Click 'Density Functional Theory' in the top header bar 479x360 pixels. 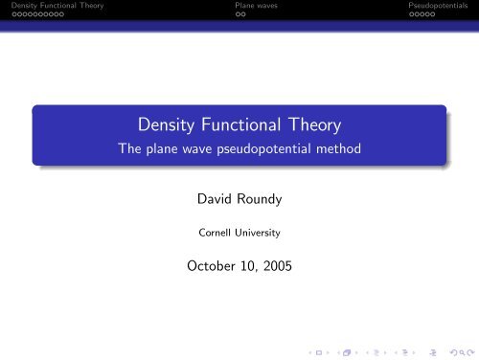pos(53,7)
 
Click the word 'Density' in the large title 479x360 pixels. pos(172,125)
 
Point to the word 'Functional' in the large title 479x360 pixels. pos(246,125)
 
